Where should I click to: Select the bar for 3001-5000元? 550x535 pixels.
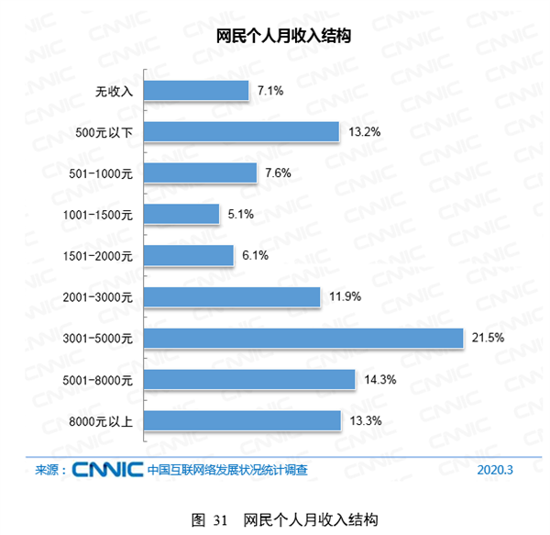[x=303, y=339]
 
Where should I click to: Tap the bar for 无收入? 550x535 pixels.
[x=196, y=91]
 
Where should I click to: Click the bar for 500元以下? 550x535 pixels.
[x=242, y=132]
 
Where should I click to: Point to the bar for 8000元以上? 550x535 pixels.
[x=243, y=420]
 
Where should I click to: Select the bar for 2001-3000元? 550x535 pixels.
[x=232, y=297]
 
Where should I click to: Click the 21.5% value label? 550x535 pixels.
[x=487, y=339]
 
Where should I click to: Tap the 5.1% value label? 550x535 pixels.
[x=240, y=215]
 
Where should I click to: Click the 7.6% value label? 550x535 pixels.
[x=278, y=173]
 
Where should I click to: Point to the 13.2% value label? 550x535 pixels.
[x=363, y=132]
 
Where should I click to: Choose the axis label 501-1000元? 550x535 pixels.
[x=101, y=173]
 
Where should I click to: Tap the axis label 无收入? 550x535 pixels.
[x=115, y=91]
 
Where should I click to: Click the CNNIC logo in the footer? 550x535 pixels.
[x=106, y=469]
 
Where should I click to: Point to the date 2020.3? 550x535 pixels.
[x=496, y=470]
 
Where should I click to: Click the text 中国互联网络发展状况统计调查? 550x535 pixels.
[x=227, y=470]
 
